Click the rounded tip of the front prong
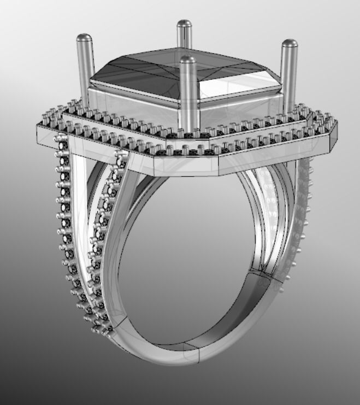click(187, 59)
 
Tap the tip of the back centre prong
click(184, 24)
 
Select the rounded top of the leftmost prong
click(84, 38)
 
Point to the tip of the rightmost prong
click(289, 43)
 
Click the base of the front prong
click(188, 129)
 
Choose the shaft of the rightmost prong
click(288, 77)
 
